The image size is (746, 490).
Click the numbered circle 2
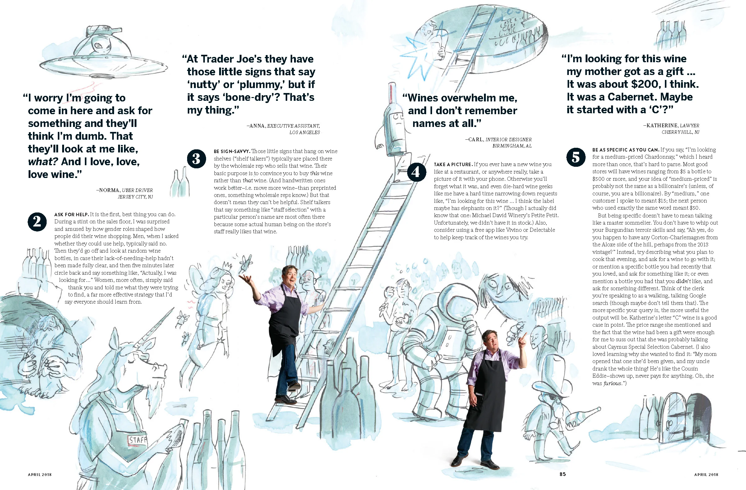point(37,222)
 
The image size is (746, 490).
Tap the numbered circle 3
point(196,158)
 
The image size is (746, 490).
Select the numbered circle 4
point(416,172)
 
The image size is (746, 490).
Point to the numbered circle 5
point(576,157)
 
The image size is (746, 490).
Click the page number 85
point(563,474)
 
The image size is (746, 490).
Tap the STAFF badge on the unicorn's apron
point(138,440)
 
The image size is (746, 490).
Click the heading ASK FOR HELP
point(71,215)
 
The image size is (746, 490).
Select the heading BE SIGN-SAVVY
point(232,151)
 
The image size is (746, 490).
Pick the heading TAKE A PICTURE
point(453,164)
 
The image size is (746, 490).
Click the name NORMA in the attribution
point(109,190)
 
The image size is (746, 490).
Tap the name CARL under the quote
point(476,139)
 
